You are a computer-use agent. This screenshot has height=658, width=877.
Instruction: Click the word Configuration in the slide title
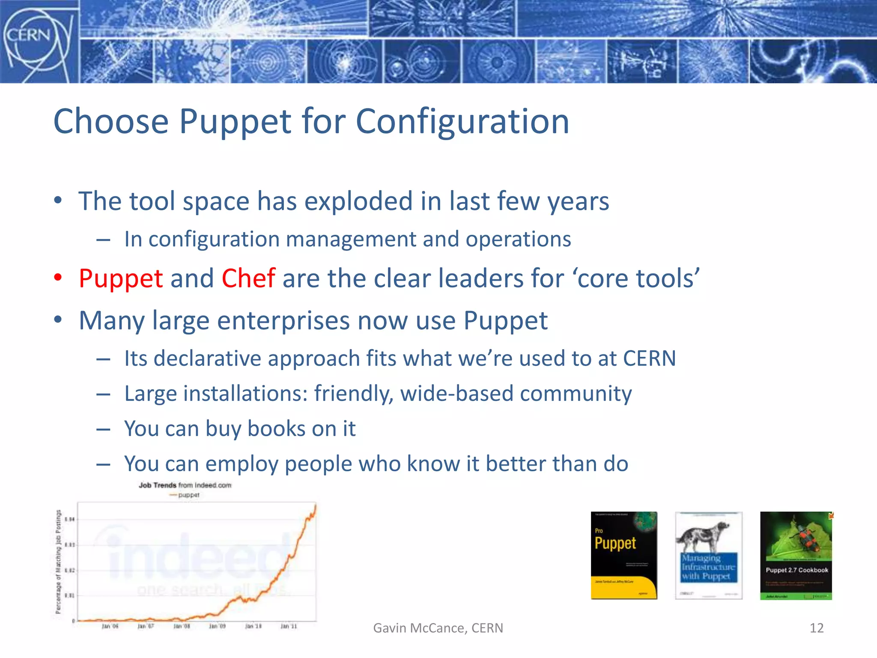pos(462,121)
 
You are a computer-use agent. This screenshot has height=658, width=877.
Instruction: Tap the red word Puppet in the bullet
pos(121,279)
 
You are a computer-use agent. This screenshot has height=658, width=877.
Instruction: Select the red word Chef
pos(248,278)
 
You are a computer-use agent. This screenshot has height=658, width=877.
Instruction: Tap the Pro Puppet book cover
pos(623,555)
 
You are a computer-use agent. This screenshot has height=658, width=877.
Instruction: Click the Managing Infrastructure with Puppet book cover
pos(708,555)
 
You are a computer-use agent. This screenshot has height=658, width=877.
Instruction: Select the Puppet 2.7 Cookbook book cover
pos(796,555)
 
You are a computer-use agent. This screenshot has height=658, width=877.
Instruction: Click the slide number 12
pos(817,628)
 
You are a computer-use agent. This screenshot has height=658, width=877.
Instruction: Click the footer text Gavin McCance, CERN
pos(438,628)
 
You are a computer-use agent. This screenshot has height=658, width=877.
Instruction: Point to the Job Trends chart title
pos(185,485)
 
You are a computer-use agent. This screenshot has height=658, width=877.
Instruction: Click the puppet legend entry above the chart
pos(185,495)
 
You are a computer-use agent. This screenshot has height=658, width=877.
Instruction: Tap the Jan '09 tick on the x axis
pos(217,626)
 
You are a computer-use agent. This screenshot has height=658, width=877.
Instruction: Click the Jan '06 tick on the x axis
pos(110,626)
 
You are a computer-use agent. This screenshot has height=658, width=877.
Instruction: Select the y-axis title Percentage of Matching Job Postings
pos(58,561)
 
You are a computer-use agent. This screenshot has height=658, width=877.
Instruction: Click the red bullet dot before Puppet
pos(58,278)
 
